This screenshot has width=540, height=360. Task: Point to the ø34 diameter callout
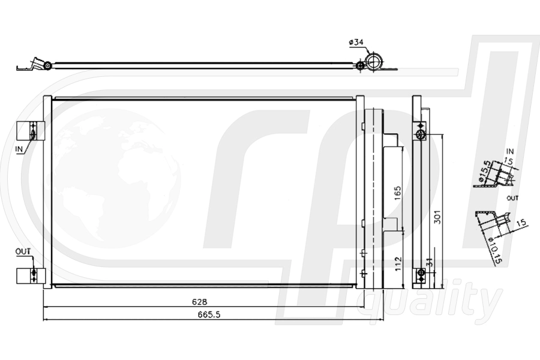pyautogui.click(x=355, y=42)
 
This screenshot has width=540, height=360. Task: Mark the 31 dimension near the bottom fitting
pyautogui.click(x=428, y=263)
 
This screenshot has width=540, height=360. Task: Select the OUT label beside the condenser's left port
pyautogui.click(x=22, y=251)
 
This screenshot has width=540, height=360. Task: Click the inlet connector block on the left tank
pyautogui.click(x=30, y=131)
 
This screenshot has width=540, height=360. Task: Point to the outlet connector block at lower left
pyautogui.click(x=30, y=275)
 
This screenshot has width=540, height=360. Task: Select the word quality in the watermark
pyautogui.click(x=430, y=301)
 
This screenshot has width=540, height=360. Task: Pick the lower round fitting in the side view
pyautogui.click(x=421, y=274)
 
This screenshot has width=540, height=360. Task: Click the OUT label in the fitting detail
pyautogui.click(x=512, y=197)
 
